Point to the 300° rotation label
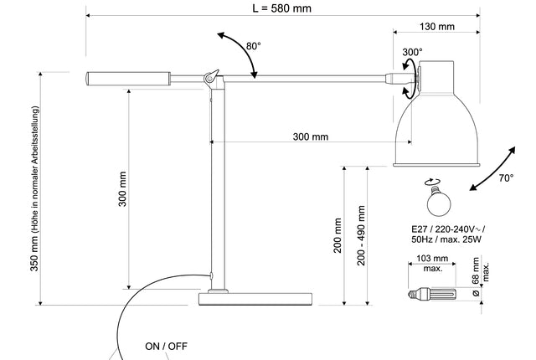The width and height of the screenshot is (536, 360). (412, 52)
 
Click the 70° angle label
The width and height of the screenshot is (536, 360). (506, 178)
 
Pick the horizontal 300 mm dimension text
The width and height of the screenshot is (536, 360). (311, 136)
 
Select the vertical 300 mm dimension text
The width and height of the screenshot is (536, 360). (122, 189)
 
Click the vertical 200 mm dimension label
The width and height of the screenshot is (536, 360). (338, 236)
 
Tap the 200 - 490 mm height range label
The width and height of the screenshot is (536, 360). (362, 236)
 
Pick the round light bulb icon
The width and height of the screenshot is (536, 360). (436, 200)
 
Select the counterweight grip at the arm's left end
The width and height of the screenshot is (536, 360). (127, 80)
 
